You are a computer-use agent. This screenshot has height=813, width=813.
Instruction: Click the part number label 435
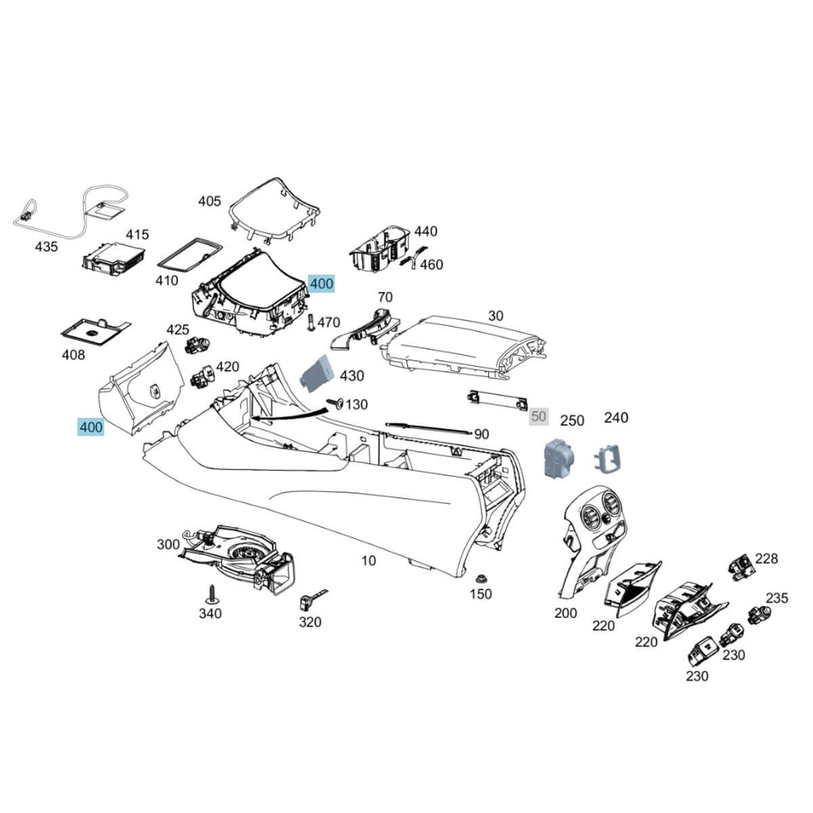[46, 247]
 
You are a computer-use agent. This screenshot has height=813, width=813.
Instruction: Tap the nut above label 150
[480, 579]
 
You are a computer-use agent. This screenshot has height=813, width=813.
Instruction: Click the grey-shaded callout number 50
[539, 416]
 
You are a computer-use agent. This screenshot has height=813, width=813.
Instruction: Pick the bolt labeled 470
[310, 322]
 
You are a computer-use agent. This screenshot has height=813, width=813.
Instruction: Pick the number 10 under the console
[368, 560]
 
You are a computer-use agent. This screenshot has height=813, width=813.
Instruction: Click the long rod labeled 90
[428, 428]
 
